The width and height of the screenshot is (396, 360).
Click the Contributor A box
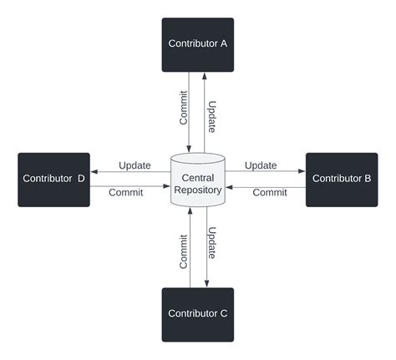pos(198,44)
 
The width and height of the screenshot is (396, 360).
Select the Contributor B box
pos(342,179)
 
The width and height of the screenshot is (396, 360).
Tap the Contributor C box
pos(198,314)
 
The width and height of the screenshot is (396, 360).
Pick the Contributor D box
pos(53,179)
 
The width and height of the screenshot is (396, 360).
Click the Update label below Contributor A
pos(211,117)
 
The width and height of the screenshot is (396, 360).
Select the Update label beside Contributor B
pos(261,165)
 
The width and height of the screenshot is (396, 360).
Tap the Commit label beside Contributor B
pos(269,192)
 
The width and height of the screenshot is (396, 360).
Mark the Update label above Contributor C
pos(211,243)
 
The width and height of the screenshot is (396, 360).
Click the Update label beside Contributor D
pos(135,165)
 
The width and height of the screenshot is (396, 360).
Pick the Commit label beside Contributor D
pos(126,192)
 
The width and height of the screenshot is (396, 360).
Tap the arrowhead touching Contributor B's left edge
pos(302,171)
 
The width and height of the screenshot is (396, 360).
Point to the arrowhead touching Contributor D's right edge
pos(93,171)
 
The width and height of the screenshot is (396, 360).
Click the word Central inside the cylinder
pos(198,177)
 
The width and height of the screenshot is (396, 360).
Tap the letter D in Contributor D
pos(81,179)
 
